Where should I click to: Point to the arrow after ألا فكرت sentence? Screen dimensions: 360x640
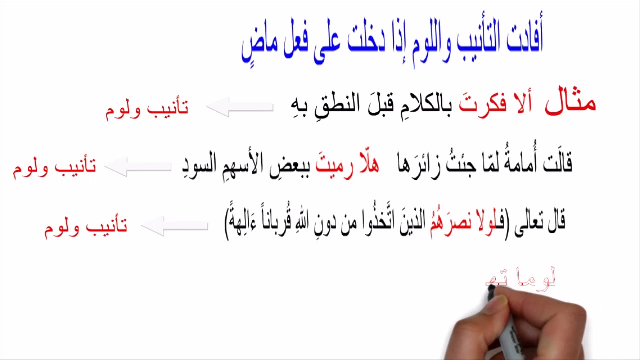tap(240, 107)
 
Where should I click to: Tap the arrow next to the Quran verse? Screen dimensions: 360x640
tap(175, 226)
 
